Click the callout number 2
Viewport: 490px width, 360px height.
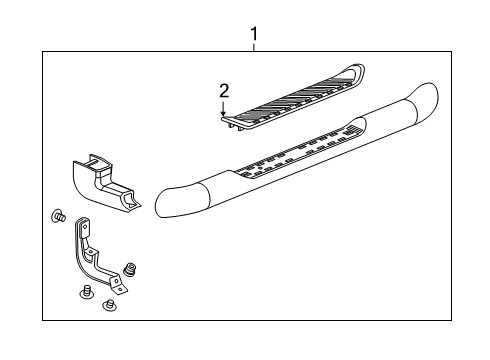click(x=224, y=92)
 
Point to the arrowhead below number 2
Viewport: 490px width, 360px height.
click(x=224, y=114)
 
